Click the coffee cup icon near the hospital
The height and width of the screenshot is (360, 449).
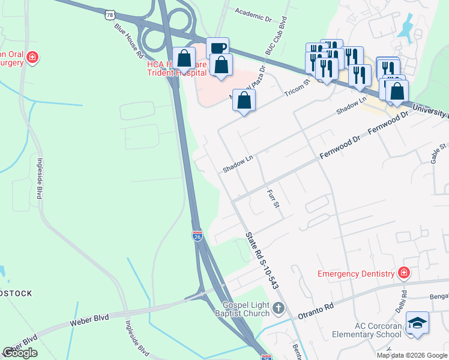217,47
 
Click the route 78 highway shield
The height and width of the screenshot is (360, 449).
109,14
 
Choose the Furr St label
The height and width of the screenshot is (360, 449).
273,197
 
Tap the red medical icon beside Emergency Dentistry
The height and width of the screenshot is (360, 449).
405,274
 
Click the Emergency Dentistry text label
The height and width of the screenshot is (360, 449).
357,274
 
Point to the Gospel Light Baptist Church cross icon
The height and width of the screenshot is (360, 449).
277,308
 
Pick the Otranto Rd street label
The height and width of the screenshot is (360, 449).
316,310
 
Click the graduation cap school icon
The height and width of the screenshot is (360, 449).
417,323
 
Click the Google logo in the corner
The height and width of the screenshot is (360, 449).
20,353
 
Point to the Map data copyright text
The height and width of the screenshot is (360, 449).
412,355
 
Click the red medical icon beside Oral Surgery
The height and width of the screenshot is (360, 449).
32,58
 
